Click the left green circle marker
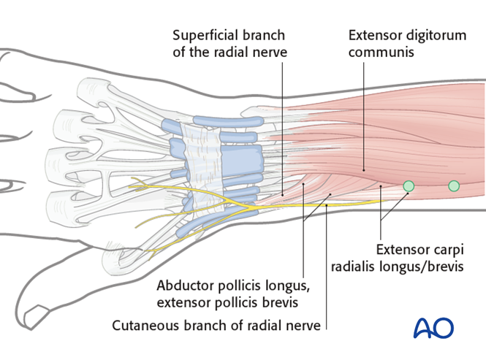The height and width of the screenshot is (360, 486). pos(409,187)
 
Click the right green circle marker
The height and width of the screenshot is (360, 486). pos(454,186)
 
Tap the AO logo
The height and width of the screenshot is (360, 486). pos(433,328)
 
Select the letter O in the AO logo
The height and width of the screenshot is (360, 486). pos(444,328)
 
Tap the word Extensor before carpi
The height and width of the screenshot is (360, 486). pos(401,248)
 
